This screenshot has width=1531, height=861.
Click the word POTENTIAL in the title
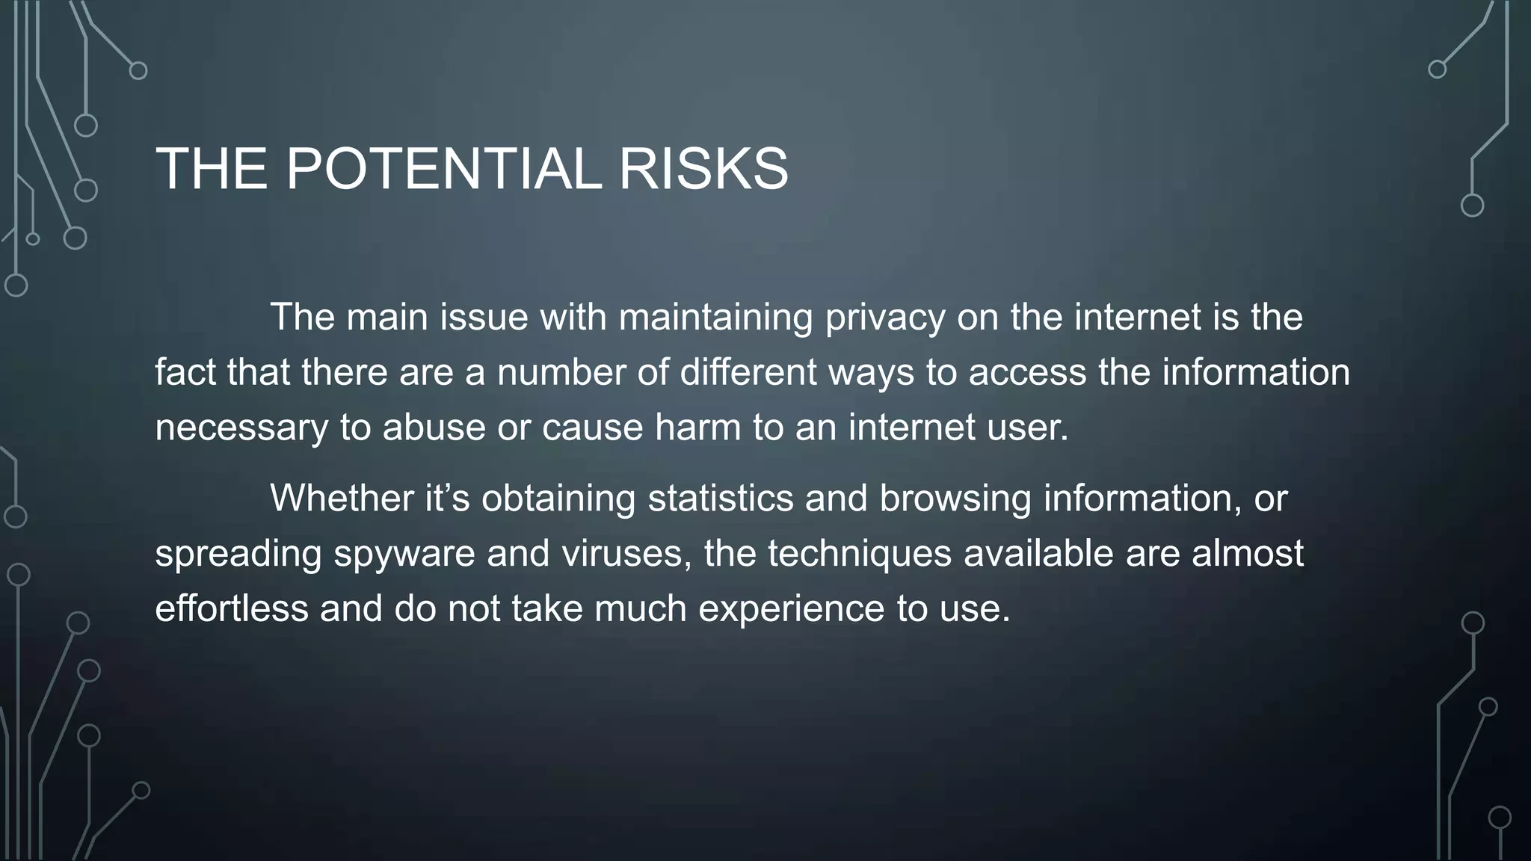point(443,169)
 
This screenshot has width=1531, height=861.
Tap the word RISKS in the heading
point(703,169)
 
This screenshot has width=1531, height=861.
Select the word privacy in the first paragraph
point(885,317)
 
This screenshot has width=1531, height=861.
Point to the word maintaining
point(715,317)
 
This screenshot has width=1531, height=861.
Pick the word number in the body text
point(561,372)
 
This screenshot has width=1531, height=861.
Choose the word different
point(748,372)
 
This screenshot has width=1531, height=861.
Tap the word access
point(1027,372)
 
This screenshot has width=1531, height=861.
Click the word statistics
point(720,498)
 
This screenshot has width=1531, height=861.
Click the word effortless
point(231,608)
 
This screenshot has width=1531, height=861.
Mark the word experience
point(791,608)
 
